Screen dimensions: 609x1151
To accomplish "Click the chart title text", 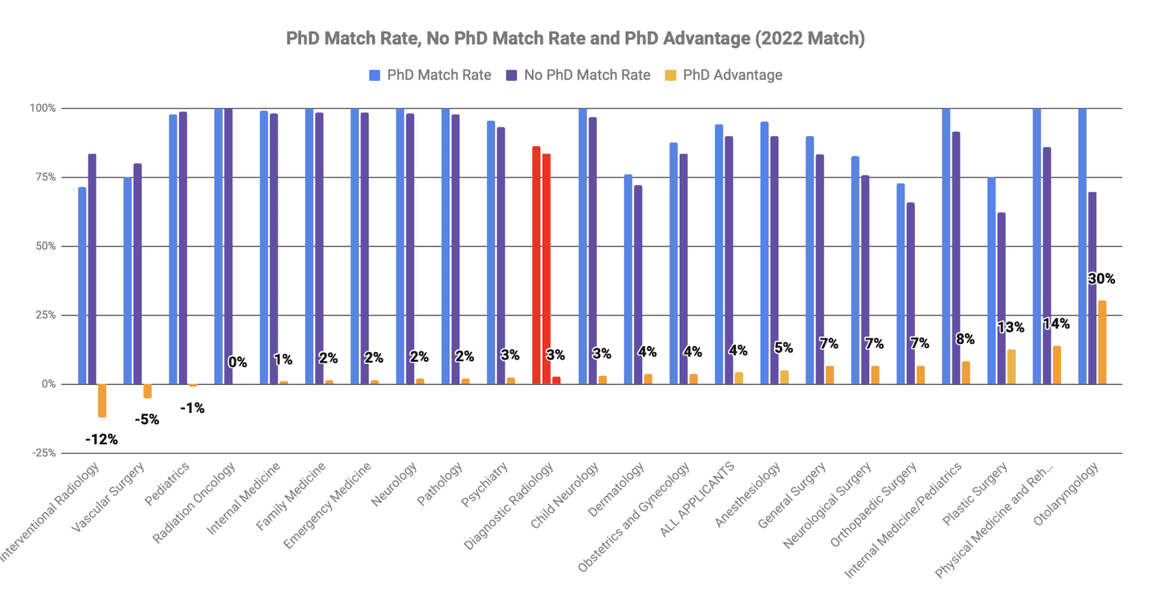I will [x=575, y=38].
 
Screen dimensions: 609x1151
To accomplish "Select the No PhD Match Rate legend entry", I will [x=578, y=75].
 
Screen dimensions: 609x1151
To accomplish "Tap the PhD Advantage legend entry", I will [x=724, y=75].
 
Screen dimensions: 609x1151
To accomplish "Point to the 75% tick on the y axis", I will [x=43, y=178].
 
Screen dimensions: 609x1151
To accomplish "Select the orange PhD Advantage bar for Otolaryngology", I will [x=1102, y=342].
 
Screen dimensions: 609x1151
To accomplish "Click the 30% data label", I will [x=1101, y=279].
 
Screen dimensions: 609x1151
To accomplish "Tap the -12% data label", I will [x=101, y=440].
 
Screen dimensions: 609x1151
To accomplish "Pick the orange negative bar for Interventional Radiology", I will [x=102, y=400].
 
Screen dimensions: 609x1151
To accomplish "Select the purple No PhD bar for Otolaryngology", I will [x=1092, y=288].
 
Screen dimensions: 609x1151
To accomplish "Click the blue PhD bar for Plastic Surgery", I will [x=991, y=280].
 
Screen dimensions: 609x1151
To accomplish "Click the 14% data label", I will [x=1056, y=324].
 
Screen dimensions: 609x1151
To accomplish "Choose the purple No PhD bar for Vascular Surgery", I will [x=137, y=273].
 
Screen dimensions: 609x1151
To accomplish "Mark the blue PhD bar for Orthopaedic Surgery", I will [x=901, y=283].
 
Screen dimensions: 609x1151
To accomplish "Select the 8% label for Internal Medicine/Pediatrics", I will [x=965, y=339].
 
